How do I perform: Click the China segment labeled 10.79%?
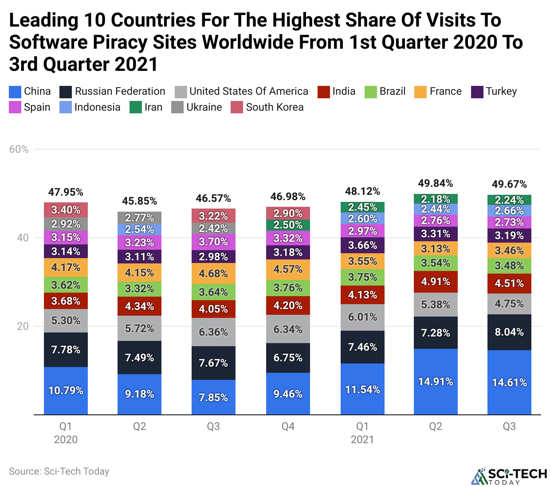point(66,390)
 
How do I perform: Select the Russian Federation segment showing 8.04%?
point(509,332)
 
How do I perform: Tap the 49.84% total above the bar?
point(435,183)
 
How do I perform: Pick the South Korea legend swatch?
point(237,107)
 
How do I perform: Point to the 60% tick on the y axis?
point(19,149)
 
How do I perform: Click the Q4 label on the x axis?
point(288,426)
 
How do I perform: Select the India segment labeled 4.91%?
point(435,282)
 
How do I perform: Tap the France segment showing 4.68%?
point(213,274)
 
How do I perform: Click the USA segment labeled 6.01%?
point(362,317)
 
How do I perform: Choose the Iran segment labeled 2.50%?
point(288,225)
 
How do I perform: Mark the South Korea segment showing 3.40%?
point(66,210)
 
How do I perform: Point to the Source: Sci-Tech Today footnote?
point(59,472)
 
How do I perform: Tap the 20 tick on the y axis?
point(23,326)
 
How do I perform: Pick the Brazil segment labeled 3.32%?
point(139,289)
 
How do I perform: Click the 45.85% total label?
point(139,201)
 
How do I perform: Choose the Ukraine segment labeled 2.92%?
point(66,224)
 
